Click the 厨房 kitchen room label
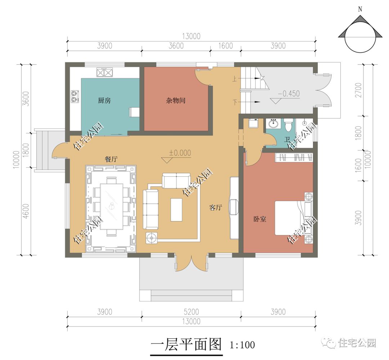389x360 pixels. click(x=104, y=101)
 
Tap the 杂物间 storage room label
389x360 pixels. click(x=176, y=101)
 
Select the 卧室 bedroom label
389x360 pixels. click(x=260, y=219)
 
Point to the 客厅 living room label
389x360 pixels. click(x=215, y=207)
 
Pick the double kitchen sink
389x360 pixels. click(x=105, y=73)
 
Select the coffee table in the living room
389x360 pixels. click(x=176, y=210)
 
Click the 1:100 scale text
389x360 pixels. click(x=242, y=345)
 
